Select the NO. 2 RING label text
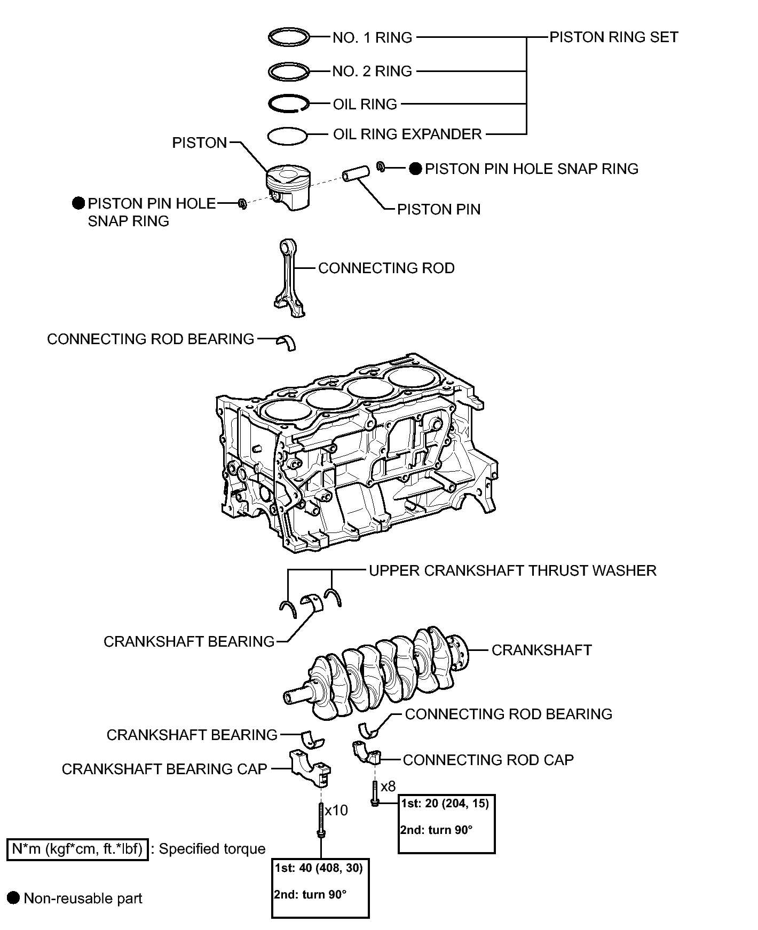tap(372, 71)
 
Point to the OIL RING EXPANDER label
tap(407, 134)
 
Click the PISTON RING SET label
tap(614, 37)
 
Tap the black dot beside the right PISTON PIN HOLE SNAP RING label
tap(416, 169)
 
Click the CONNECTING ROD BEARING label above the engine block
tap(151, 339)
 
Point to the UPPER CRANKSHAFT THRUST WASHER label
tap(512, 570)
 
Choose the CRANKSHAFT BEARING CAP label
tap(164, 769)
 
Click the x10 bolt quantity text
tap(336, 810)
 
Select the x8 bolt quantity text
tap(388, 786)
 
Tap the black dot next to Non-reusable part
tap(14, 898)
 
